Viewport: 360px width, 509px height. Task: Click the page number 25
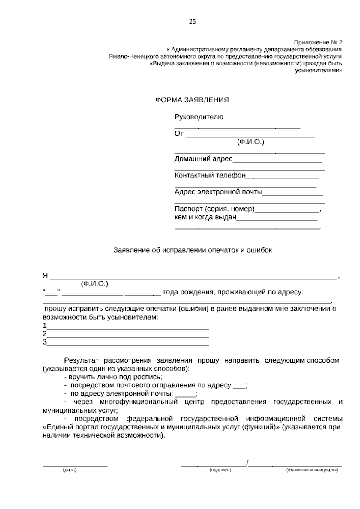192,22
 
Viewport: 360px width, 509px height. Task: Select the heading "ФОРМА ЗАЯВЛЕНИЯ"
192,100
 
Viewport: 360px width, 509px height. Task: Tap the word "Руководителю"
199,117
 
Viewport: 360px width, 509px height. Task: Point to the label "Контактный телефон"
210,175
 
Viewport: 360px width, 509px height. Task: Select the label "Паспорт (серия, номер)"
214,209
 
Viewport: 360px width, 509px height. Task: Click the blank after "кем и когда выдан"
277,219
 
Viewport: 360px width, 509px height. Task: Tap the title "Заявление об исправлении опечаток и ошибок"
193,250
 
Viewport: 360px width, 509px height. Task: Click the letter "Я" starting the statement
45,276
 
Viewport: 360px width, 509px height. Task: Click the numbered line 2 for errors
127,336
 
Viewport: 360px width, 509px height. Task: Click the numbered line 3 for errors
127,344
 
